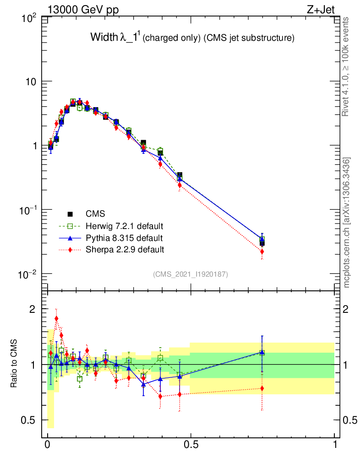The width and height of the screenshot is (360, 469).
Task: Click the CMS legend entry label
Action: (x=95, y=214)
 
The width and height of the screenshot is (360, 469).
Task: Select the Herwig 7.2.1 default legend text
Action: (x=125, y=226)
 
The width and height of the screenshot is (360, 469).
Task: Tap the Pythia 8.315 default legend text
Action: (x=124, y=238)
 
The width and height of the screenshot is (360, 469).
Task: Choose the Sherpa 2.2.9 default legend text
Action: (x=125, y=250)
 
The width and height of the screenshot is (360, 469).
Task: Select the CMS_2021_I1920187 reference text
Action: (x=190, y=274)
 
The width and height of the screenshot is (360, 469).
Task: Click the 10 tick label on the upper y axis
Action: (x=32, y=82)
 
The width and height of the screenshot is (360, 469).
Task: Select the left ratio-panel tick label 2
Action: (x=33, y=309)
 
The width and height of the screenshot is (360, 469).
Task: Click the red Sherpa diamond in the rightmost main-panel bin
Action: (x=262, y=251)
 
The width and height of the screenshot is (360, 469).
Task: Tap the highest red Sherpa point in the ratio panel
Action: (x=56, y=319)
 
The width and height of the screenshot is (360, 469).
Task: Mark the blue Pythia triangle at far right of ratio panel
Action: (x=262, y=352)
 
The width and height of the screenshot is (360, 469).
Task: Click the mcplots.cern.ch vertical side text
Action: (x=347, y=223)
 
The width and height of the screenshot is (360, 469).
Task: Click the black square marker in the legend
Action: (x=71, y=214)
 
